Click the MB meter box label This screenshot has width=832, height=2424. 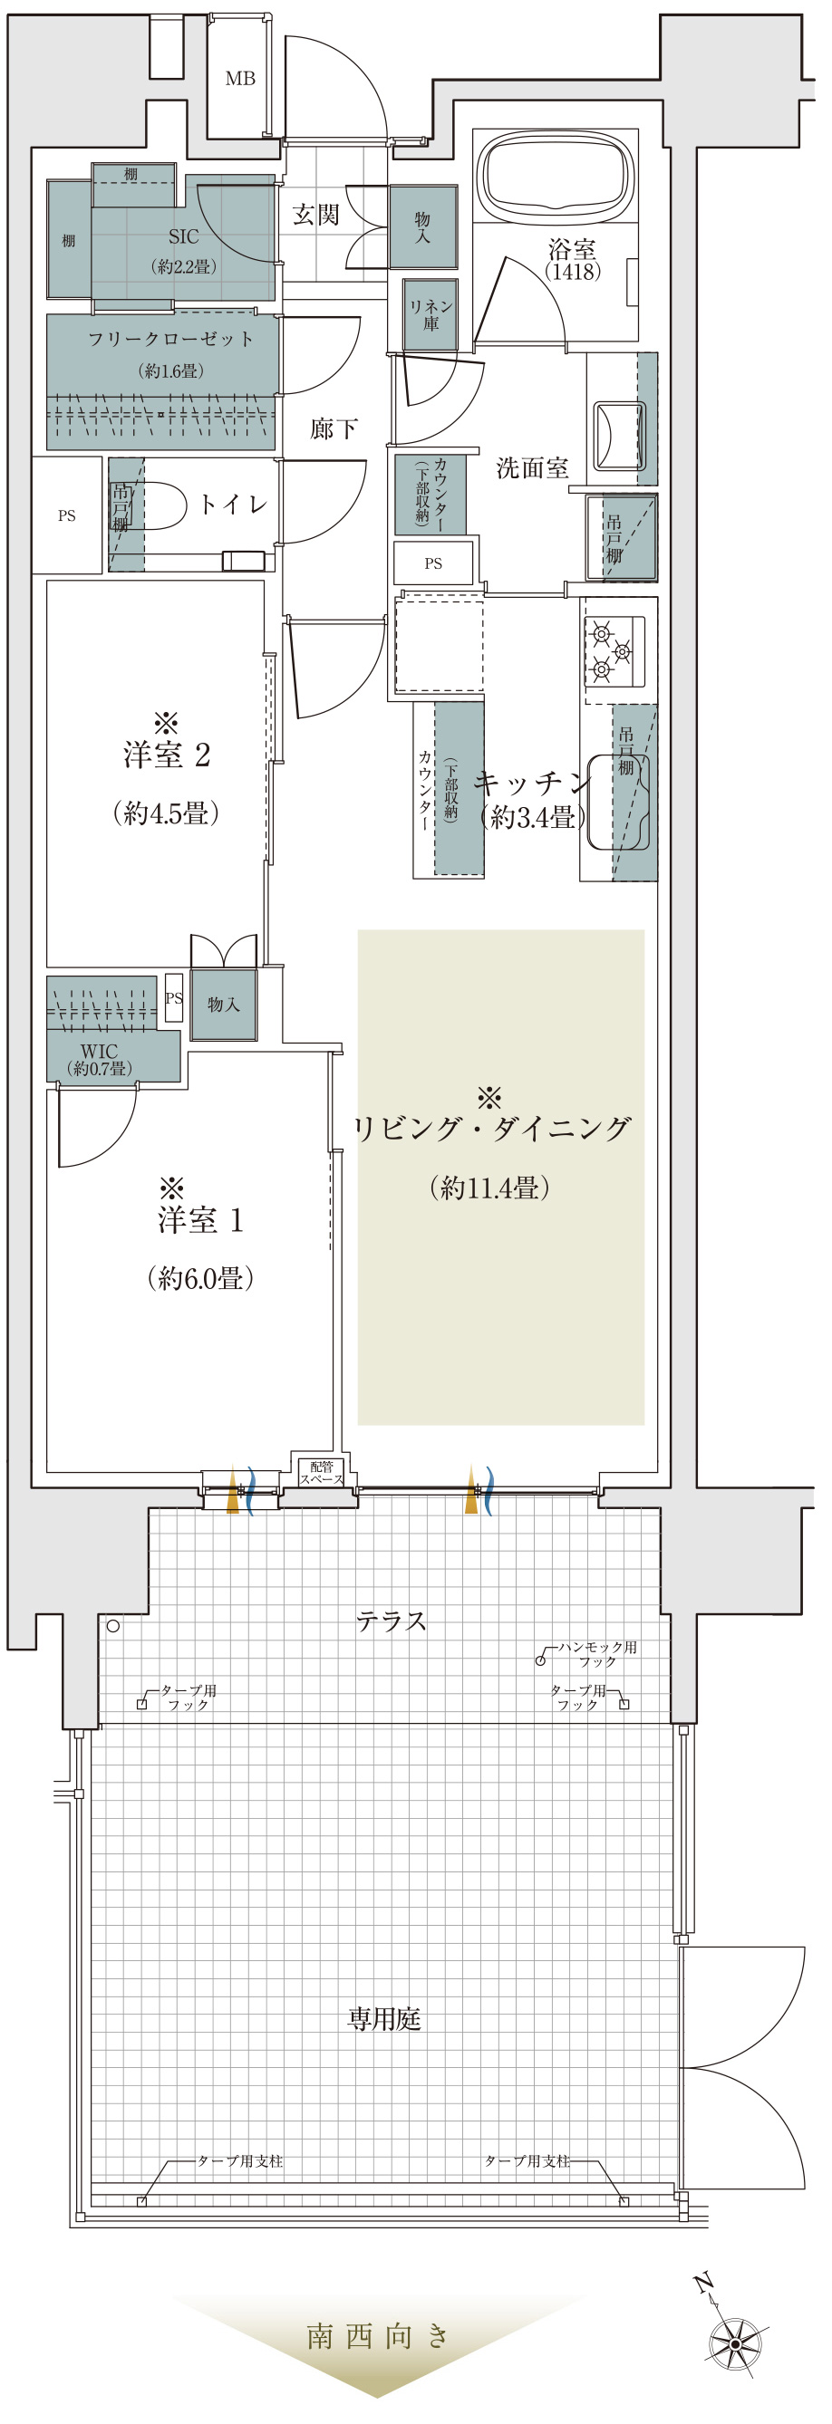240,79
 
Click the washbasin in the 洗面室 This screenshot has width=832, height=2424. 619,435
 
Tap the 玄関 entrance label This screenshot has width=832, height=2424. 315,215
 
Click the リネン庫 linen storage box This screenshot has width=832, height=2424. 431,315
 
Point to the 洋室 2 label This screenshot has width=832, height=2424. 167,755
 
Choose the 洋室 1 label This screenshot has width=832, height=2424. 200,1220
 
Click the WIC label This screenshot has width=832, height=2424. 99,1051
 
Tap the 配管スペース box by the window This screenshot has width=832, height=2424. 321,1472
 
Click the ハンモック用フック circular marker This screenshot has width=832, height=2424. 540,1661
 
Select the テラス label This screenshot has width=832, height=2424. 392,1621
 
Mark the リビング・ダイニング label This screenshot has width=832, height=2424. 490,1129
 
